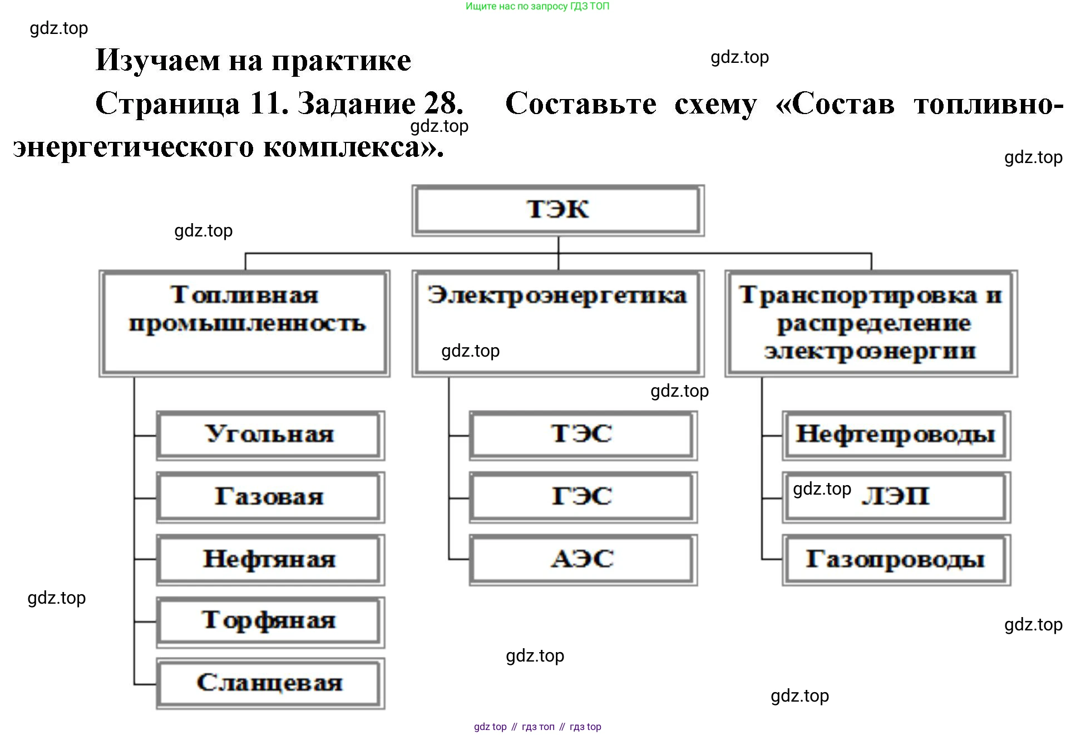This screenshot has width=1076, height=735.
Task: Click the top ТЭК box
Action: point(558,210)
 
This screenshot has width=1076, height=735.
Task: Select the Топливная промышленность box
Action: point(245,323)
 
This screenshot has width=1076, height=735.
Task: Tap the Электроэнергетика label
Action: point(557,295)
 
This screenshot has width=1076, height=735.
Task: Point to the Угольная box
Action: point(270,435)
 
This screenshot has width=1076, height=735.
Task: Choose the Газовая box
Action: point(270,497)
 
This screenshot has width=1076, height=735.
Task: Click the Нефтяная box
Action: point(270,559)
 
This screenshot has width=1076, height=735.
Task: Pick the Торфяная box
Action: point(270,621)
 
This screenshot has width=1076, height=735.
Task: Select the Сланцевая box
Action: point(270,683)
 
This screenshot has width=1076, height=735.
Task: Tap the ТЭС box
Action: point(583,435)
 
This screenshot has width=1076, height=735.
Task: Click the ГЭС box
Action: point(583,497)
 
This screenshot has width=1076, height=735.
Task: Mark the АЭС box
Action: point(583,559)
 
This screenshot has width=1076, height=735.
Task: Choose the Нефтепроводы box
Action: point(896,435)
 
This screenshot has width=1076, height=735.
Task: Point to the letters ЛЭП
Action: point(896,496)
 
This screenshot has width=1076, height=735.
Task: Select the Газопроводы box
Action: point(896,559)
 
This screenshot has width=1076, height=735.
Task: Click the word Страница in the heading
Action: point(167,104)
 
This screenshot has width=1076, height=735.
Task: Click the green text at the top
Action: point(537,7)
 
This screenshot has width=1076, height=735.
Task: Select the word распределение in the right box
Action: point(873,324)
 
